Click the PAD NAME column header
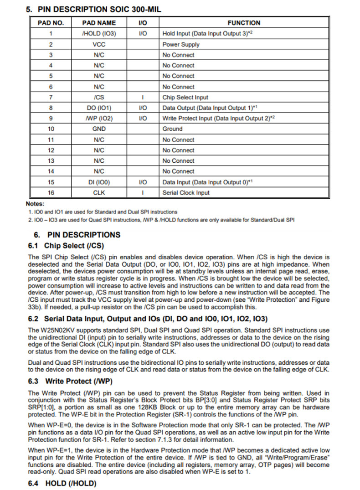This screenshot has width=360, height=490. (99, 23)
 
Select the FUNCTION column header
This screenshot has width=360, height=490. (244, 23)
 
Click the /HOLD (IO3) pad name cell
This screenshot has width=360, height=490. (99, 34)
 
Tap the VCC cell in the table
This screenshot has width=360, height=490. (99, 45)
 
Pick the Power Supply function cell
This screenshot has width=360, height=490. (181, 45)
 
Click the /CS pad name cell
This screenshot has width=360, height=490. (99, 98)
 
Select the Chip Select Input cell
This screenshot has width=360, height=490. (185, 98)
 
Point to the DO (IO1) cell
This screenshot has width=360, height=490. (99, 108)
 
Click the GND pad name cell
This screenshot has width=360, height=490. (99, 129)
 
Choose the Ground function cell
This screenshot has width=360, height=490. (173, 129)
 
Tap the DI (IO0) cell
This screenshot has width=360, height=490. (99, 182)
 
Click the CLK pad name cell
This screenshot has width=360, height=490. (99, 193)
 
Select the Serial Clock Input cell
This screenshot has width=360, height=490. (186, 193)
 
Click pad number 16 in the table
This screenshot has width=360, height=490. (51, 193)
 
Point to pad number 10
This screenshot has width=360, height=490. (51, 129)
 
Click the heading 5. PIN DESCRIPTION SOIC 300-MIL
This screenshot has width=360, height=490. (93, 9)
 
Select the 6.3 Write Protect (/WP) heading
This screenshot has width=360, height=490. (70, 381)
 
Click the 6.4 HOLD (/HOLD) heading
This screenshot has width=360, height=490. (62, 484)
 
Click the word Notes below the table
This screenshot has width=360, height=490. (35, 204)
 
